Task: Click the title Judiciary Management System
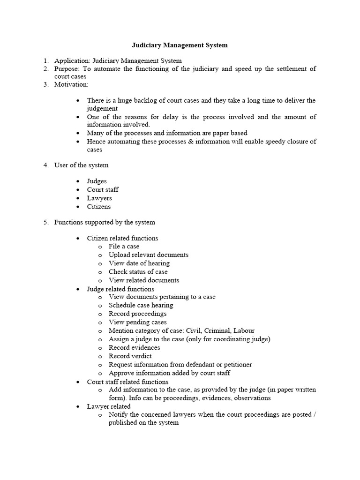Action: [x=178, y=45]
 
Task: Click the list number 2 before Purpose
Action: [x=46, y=69]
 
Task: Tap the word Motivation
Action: [x=71, y=84]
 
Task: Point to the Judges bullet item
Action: [x=97, y=181]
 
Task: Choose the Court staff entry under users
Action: [x=103, y=190]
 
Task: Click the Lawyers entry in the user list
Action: [x=99, y=198]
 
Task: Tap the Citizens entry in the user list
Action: [x=99, y=207]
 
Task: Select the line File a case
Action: [x=124, y=247]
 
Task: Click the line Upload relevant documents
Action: [x=149, y=255]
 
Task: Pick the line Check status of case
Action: [x=138, y=272]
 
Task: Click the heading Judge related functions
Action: [x=120, y=289]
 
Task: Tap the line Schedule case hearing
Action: [x=141, y=306]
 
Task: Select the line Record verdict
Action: [x=130, y=356]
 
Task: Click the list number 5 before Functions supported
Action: [x=46, y=222]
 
